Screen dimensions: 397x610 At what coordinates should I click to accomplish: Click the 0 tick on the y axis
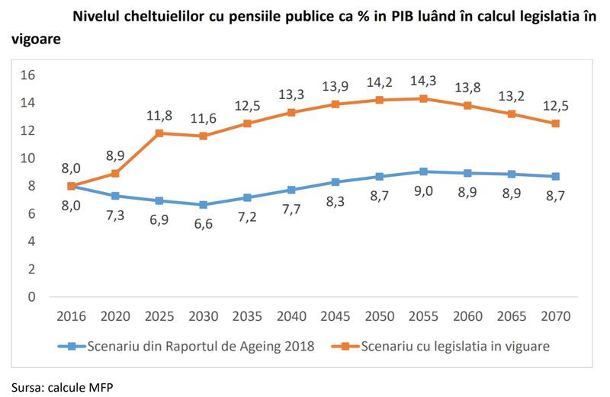32,297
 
